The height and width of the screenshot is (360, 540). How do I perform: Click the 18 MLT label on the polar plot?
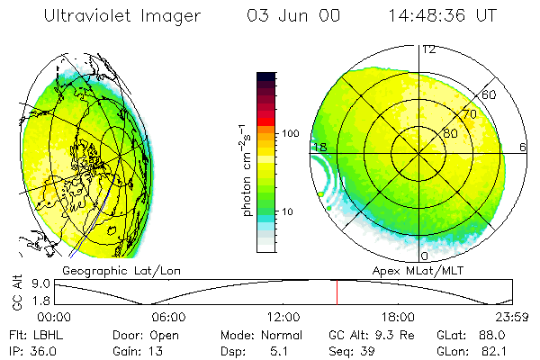pos(319,147)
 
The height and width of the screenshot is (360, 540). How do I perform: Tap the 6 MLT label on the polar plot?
pos(523,147)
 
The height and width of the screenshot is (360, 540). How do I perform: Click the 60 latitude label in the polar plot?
pos(490,94)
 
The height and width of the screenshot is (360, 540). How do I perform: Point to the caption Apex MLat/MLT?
pos(416,269)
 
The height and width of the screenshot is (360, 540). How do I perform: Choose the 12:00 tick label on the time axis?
pos(283,316)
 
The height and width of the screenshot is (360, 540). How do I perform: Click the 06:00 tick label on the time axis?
pos(168,316)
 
